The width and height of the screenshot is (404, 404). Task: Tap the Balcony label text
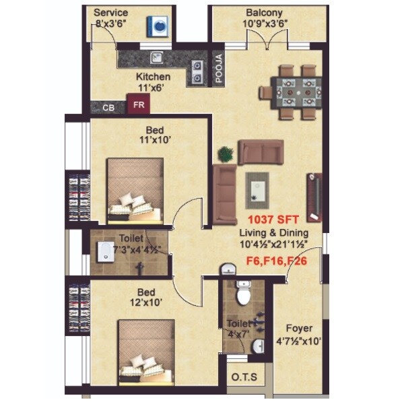[264, 13]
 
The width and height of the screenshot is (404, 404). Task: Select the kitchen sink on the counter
[157, 57]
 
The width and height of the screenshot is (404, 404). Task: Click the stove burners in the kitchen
[199, 71]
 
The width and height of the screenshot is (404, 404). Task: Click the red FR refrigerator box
[139, 105]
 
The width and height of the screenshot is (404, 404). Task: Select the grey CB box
[108, 106]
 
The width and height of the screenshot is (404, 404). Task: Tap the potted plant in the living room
[225, 154]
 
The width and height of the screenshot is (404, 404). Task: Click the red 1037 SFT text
[270, 220]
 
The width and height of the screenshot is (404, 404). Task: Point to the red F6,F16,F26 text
[277, 259]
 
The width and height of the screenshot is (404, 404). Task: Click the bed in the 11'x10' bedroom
[135, 191]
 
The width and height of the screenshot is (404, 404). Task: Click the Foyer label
[299, 329]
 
